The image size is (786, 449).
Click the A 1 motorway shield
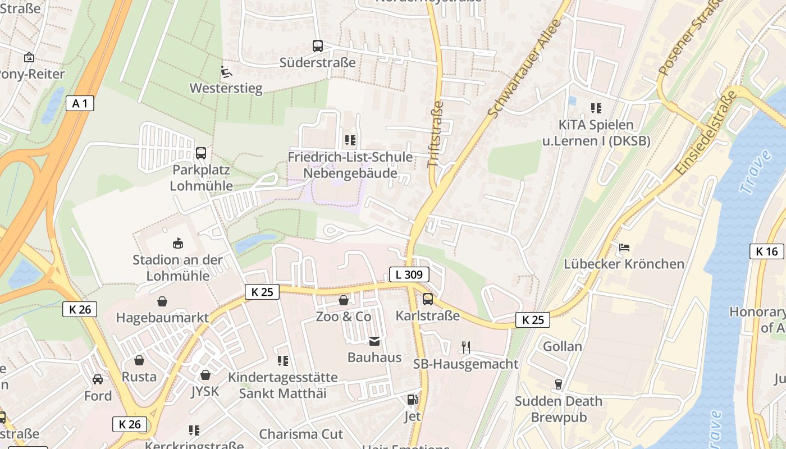click(80, 103)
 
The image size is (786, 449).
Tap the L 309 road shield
click(409, 274)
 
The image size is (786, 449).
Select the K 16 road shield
click(766, 251)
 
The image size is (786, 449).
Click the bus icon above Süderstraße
click(318, 46)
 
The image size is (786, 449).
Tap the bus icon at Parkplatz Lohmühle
click(200, 153)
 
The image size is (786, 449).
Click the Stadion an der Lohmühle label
click(177, 268)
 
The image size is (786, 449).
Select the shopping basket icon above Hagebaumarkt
click(162, 302)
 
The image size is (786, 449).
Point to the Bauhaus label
click(374, 358)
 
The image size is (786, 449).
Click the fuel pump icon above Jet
click(413, 400)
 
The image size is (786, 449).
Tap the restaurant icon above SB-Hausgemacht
click(465, 347)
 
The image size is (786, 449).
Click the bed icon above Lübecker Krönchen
click(624, 248)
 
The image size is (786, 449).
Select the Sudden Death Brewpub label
click(559, 409)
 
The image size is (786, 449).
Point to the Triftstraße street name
click(436, 134)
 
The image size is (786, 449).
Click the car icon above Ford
click(98, 379)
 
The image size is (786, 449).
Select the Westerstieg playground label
click(226, 88)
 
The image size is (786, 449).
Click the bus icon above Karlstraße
click(428, 299)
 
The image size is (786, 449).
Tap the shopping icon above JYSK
click(205, 375)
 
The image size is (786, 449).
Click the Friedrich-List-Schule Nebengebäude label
click(350, 165)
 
